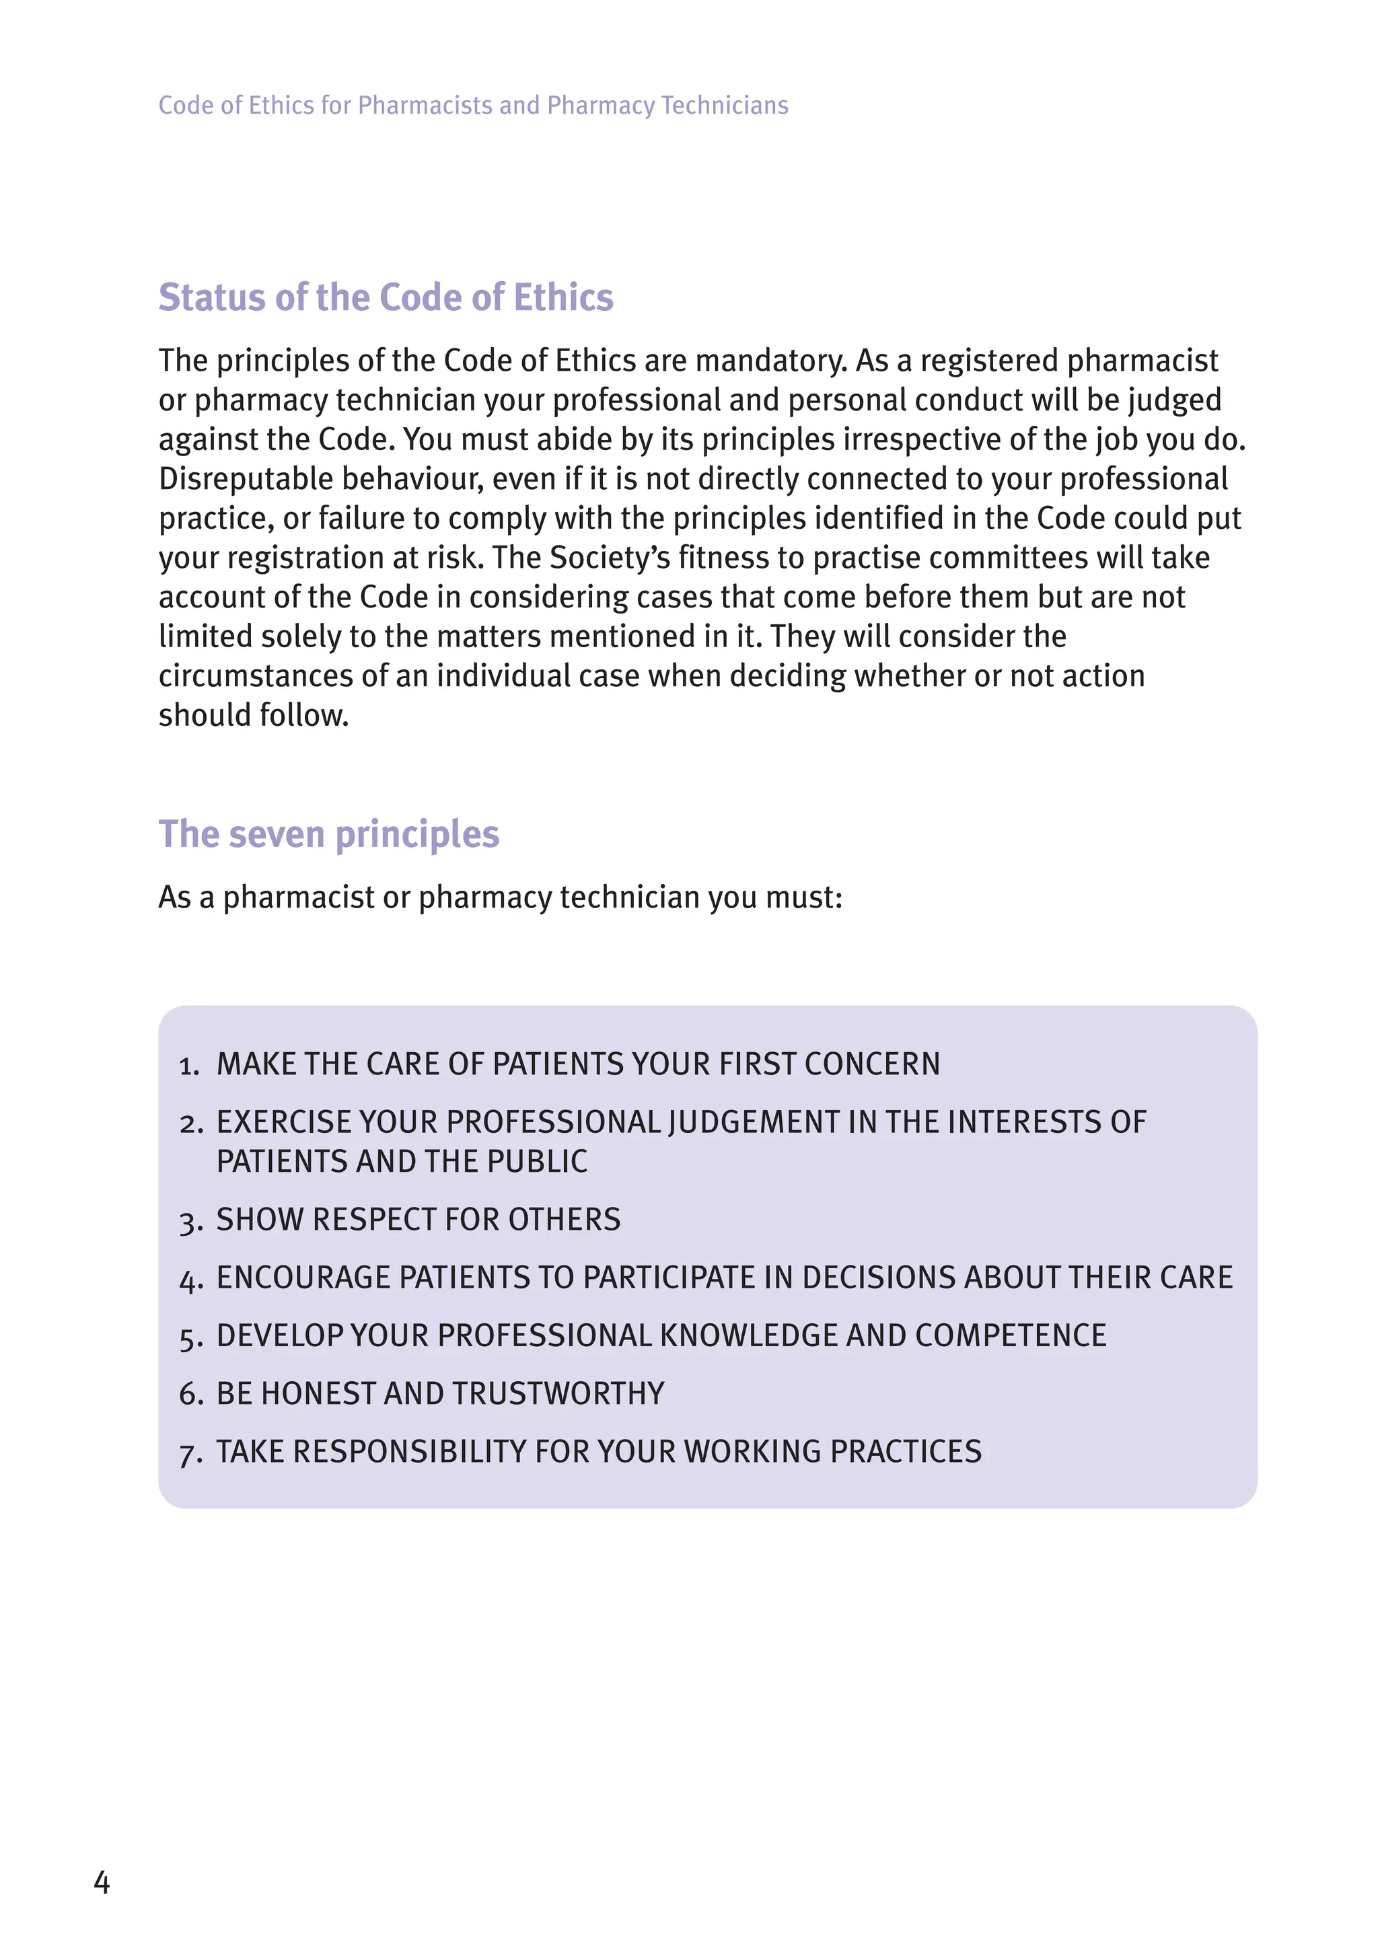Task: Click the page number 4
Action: pos(102,1882)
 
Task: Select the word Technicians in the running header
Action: pos(724,106)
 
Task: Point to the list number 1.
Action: pos(188,1065)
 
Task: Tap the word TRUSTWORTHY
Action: pos(558,1394)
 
